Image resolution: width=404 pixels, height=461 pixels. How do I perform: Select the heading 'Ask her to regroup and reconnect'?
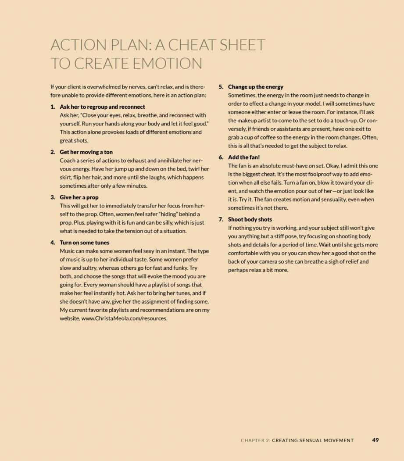click(102, 107)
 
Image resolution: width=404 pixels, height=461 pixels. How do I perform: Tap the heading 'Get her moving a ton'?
click(86, 152)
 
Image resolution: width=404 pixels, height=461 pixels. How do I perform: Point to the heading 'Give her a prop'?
click(79, 197)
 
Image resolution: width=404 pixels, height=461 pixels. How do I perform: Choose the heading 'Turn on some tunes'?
click(85, 243)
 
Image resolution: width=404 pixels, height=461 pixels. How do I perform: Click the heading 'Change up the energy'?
click(255, 87)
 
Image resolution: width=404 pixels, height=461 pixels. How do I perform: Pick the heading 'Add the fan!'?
click(244, 157)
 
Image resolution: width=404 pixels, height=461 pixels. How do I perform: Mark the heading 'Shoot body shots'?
click(250, 219)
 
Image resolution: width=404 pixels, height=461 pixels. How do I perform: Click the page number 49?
click(375, 440)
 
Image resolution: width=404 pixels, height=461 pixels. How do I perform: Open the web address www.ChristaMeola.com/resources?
click(124, 319)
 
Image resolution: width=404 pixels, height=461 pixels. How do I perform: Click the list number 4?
click(52, 243)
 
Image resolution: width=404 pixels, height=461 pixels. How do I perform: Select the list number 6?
click(221, 157)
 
